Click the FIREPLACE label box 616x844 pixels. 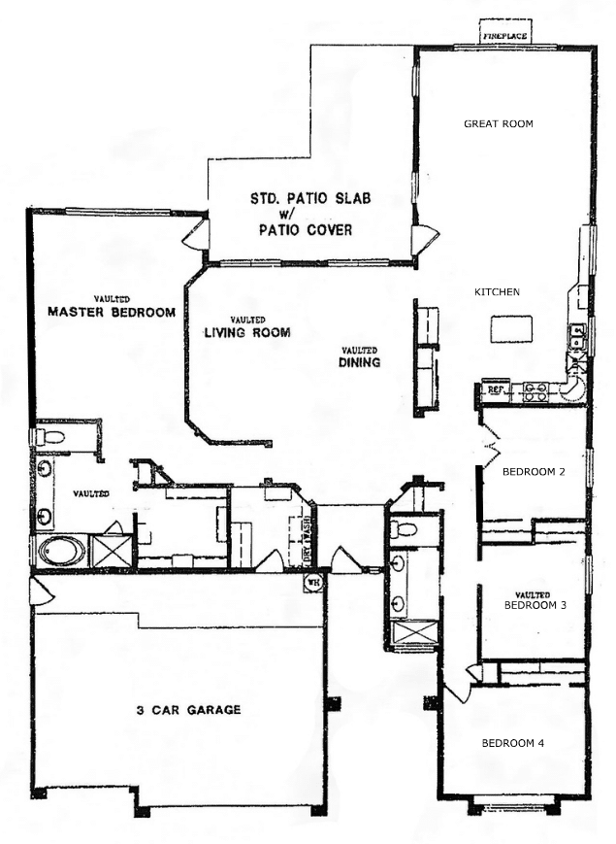[x=505, y=32]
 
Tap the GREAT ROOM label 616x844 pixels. [x=499, y=123]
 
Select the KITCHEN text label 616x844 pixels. [x=497, y=291]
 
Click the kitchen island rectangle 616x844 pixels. [x=512, y=329]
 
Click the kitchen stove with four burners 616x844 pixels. [x=535, y=391]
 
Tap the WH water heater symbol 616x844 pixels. [x=312, y=583]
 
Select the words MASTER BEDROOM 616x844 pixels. [x=112, y=312]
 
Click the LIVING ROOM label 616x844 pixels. [x=247, y=333]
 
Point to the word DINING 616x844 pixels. [x=359, y=362]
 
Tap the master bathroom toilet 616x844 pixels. [x=49, y=436]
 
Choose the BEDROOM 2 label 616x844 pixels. [x=534, y=472]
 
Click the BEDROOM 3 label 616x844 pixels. [x=535, y=605]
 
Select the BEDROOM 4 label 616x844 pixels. [x=513, y=743]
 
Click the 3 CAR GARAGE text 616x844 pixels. [x=188, y=710]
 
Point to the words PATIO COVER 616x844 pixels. [x=306, y=230]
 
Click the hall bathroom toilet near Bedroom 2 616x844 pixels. [x=404, y=528]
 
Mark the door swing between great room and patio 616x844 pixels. [x=425, y=239]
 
